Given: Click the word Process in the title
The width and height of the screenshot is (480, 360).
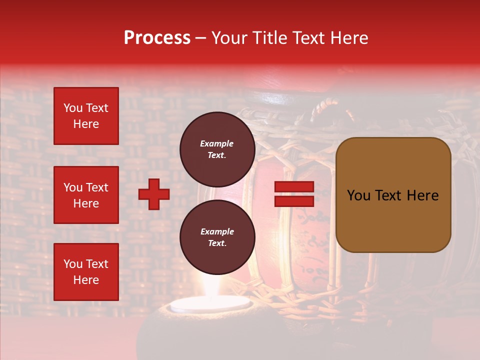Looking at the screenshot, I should tap(157, 37).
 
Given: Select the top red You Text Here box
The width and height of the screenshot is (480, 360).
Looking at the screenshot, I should tap(86, 116).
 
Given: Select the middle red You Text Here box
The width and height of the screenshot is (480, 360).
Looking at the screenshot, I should tap(86, 195).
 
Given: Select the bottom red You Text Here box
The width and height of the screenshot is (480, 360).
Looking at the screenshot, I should tap(86, 271).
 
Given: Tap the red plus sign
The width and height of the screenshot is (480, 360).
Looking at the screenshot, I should tap(154, 194).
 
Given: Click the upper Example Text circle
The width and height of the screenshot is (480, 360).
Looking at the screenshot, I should tap(217, 149).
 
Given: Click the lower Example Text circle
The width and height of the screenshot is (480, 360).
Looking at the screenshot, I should tap(217, 237).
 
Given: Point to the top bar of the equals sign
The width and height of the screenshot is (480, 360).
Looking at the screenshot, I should tap(294, 186).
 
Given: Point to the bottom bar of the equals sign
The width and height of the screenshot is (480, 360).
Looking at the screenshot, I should tap(294, 201).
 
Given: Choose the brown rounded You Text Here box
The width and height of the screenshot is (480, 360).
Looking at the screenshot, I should tap(393, 195).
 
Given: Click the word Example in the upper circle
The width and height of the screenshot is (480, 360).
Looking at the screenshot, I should tap(217, 143).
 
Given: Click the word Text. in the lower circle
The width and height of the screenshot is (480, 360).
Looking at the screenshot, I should tap(217, 243).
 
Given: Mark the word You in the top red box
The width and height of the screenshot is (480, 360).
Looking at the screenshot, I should tap(73, 108).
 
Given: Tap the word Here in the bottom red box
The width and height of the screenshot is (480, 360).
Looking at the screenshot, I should tap(86, 280).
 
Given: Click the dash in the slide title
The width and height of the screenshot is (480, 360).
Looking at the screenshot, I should tap(201, 38).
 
